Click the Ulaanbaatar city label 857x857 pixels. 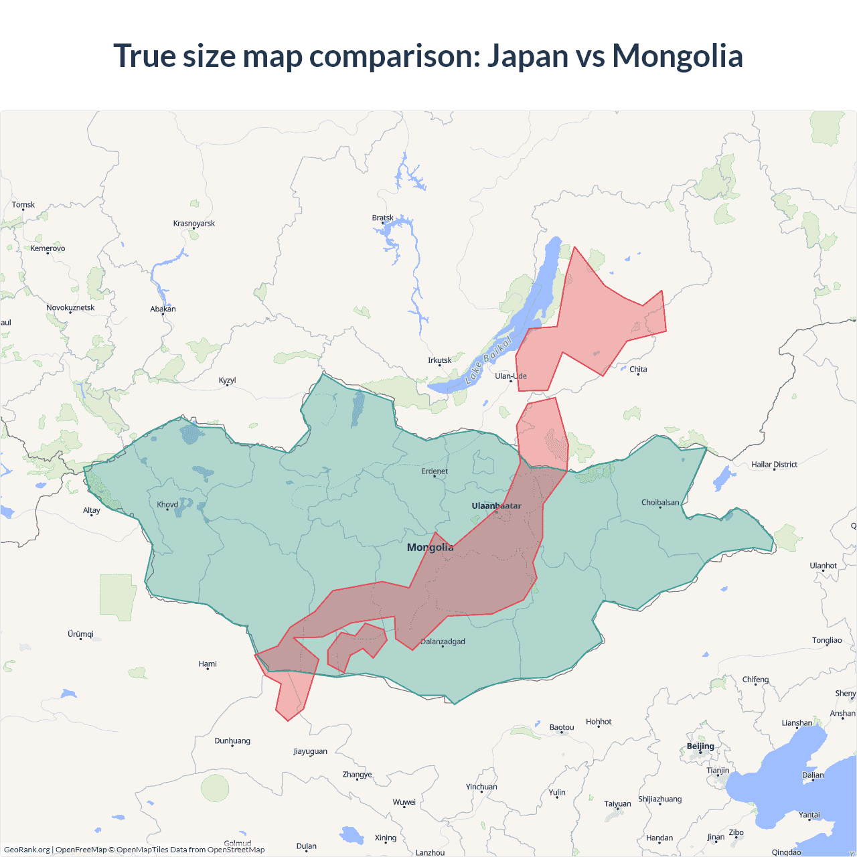coord(496,505)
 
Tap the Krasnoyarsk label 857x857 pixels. coord(194,223)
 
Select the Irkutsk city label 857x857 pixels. coord(440,360)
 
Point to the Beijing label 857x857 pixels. coord(700,746)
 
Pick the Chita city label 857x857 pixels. coord(638,369)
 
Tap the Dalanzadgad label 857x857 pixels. coord(443,641)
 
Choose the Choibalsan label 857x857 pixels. coord(660,502)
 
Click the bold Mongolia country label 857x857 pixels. coord(430,547)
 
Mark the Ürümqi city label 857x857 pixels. coord(80,633)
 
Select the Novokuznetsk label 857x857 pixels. coord(70,307)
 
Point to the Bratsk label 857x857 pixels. coord(383,218)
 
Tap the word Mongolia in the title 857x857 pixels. coord(678,56)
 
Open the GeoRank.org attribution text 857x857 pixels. coord(27,850)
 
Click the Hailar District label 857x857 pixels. coord(774,464)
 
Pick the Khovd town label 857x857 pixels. coord(167,504)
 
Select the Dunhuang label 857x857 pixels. coord(232,741)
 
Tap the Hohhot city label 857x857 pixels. coord(599,721)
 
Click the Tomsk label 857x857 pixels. coord(23,204)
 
